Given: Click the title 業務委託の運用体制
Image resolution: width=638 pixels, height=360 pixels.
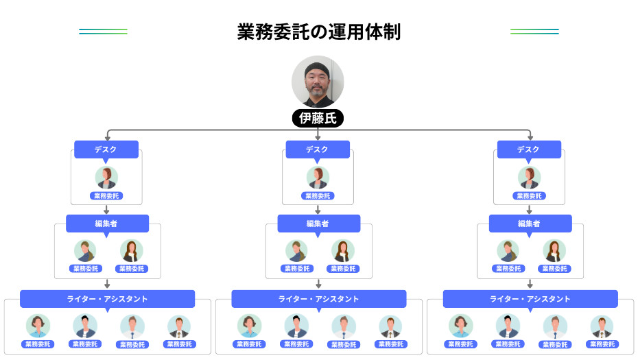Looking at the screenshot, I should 318,32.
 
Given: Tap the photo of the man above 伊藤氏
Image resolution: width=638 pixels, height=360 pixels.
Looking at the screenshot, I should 318,82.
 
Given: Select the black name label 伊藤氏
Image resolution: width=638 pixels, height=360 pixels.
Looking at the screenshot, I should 318,118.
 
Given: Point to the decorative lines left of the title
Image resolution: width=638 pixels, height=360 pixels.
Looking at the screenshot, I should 103,32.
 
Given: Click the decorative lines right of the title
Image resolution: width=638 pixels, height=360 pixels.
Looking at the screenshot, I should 534,32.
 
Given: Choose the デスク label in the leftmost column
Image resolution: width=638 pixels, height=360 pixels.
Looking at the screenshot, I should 106,149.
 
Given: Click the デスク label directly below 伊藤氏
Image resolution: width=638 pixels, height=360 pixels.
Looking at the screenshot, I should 318,149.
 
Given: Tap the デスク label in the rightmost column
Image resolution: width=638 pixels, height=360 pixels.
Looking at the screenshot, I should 529,149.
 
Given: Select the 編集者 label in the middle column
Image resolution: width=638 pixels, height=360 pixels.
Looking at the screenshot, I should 318,224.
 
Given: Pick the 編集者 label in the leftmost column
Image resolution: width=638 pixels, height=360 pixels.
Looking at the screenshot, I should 107,224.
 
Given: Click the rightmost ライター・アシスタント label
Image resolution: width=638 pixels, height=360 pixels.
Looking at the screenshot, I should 530,299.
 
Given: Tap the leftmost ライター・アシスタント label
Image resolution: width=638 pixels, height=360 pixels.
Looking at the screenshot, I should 107,299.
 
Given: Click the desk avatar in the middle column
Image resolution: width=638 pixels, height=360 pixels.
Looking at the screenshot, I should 318,178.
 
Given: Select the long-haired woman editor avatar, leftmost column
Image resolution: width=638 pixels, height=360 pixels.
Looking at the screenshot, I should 131,251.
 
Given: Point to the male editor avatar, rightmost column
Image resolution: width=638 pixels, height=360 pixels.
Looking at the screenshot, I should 508,251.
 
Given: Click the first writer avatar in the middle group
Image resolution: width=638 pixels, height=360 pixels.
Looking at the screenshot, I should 249,326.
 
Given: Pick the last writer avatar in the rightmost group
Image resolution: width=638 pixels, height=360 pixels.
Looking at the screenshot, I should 602,326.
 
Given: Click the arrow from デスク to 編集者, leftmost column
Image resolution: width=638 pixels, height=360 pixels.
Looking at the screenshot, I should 106,210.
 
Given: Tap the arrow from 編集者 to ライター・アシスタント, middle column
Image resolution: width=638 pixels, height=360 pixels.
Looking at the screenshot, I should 318,284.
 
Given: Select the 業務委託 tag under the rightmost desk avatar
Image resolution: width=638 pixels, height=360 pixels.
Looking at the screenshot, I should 529,196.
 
